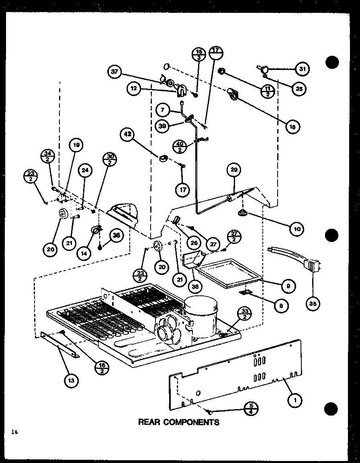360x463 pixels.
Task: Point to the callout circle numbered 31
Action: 302,69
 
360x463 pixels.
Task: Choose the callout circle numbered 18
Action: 293,127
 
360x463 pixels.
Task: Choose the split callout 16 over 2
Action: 102,368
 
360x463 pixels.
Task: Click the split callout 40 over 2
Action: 180,145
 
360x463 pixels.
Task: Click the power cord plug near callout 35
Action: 314,266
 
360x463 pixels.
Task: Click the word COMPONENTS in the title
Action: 192,422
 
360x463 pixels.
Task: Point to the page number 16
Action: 15,432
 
